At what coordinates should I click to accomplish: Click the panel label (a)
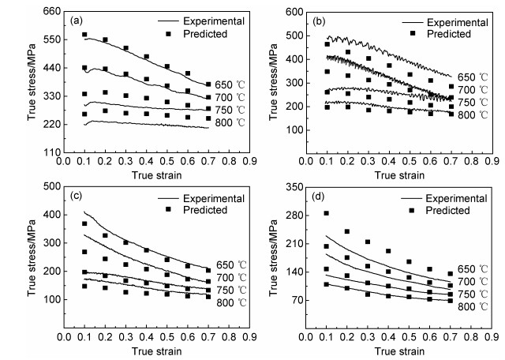(78, 14)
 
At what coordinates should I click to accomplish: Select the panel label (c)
(78, 192)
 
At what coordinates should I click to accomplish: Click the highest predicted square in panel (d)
(326, 213)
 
